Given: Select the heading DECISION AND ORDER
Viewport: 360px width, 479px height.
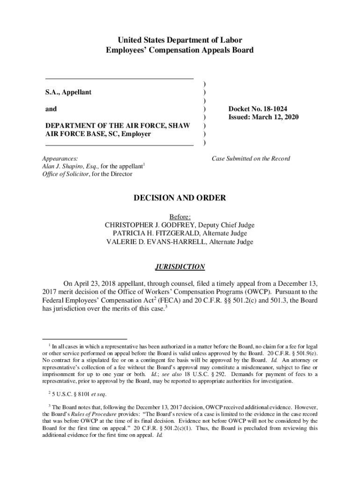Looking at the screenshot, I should pyautogui.click(x=180, y=198).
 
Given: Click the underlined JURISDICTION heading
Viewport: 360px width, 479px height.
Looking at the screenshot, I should pyautogui.click(x=180, y=267).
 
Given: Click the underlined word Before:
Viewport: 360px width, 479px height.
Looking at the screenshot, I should pyautogui.click(x=180, y=217).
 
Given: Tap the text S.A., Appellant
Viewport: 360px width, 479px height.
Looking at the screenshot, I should pyautogui.click(x=68, y=92).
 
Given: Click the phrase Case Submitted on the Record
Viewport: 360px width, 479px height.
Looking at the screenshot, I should pyautogui.click(x=251, y=159).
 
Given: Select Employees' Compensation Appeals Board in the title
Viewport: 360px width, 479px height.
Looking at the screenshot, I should pyautogui.click(x=180, y=50).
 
